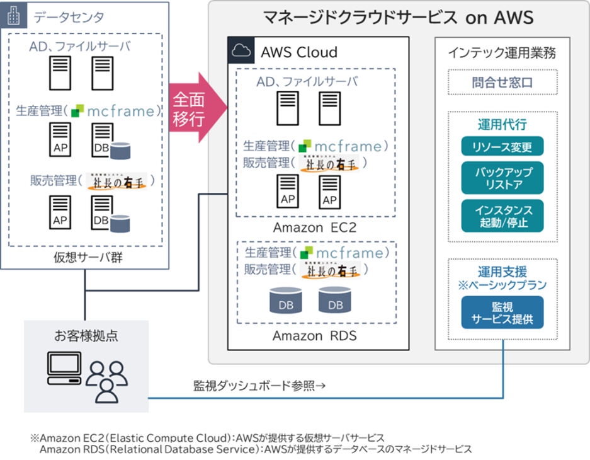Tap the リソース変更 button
point(502,147)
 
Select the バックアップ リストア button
point(502,178)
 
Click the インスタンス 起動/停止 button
point(502,216)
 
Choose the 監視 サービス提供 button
point(502,313)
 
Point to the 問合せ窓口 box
point(502,83)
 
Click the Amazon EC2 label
point(314,227)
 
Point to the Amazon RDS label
point(314,336)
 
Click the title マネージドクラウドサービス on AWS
point(398,17)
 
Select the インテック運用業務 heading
point(502,54)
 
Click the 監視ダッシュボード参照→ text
point(259,386)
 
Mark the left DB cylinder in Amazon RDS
point(286,301)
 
